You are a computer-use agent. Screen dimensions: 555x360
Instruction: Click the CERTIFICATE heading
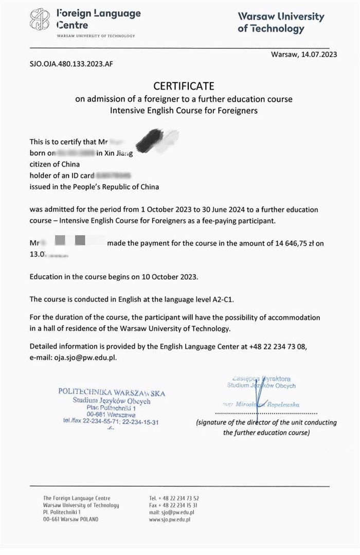(x=183, y=86)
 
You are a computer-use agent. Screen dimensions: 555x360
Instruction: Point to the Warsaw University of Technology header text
(x=281, y=23)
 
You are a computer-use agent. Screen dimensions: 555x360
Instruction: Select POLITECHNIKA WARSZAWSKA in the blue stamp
(x=112, y=392)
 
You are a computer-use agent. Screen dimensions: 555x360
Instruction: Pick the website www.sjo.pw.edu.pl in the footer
(x=170, y=520)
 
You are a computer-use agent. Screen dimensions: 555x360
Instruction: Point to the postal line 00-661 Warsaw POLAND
(x=70, y=520)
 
